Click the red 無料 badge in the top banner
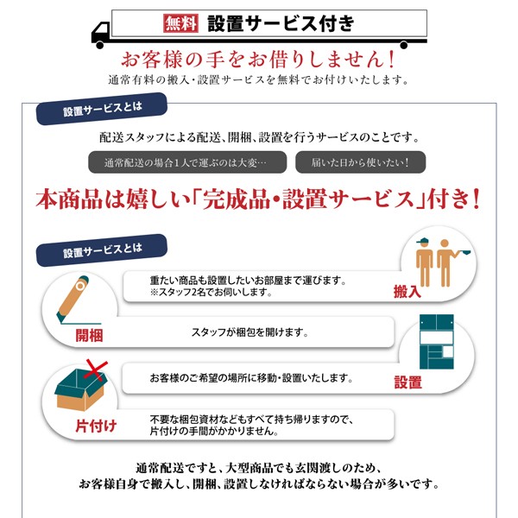tap(181, 23)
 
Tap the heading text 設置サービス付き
tap(281, 23)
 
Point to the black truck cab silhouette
tap(103, 33)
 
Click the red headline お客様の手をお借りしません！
tap(258, 60)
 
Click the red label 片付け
tap(95, 426)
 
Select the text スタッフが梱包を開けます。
tap(249, 332)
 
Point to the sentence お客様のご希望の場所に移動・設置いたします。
tap(250, 377)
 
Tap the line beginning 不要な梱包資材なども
tap(250, 419)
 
